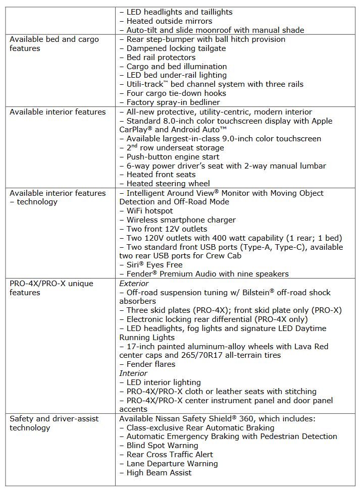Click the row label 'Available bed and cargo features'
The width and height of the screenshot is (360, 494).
click(x=54, y=44)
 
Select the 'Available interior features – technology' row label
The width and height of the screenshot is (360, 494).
click(x=58, y=197)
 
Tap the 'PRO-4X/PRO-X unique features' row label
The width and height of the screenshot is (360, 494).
click(x=51, y=288)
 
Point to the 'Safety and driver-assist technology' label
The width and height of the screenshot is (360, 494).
click(x=54, y=423)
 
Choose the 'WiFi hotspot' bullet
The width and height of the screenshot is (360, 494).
click(x=149, y=211)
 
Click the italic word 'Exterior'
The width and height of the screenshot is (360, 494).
click(x=134, y=284)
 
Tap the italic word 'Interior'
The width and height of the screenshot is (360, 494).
click(x=133, y=373)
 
